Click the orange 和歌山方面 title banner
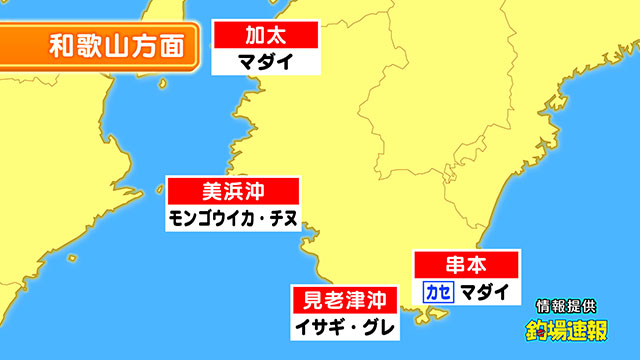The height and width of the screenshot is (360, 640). (x=110, y=46)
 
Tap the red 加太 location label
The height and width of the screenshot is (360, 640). (x=265, y=35)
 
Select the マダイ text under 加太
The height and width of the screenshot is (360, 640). (x=265, y=60)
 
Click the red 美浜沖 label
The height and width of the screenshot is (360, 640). (x=232, y=190)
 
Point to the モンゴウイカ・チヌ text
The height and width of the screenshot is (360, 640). (x=232, y=216)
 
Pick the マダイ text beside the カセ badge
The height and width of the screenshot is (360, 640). (x=484, y=291)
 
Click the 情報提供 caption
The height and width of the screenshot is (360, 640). (x=568, y=306)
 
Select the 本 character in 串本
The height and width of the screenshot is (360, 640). (x=481, y=265)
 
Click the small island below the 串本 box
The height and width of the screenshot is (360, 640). (x=436, y=318)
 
